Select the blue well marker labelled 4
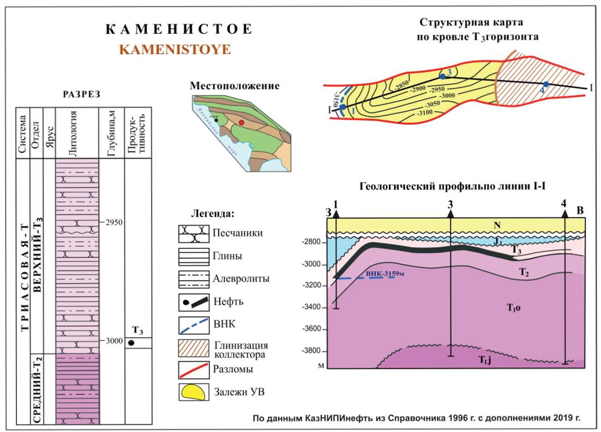coord(546,84)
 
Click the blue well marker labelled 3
coord(442,76)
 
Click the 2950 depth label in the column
coord(114,222)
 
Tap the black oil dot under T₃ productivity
coord(131,343)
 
